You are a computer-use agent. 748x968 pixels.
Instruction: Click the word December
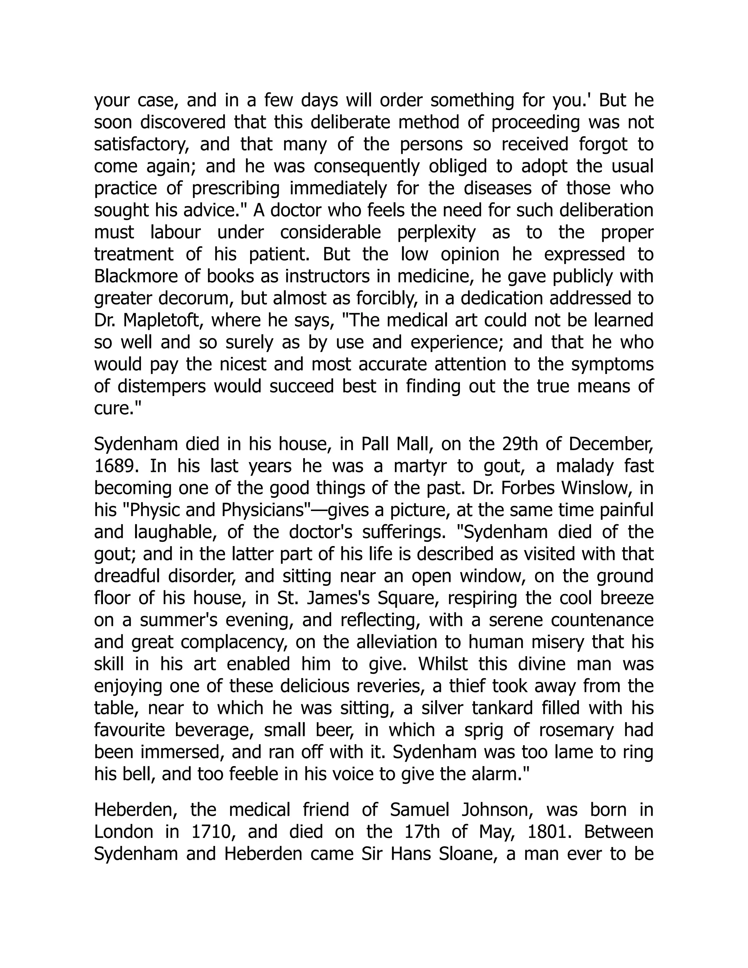(611, 444)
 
